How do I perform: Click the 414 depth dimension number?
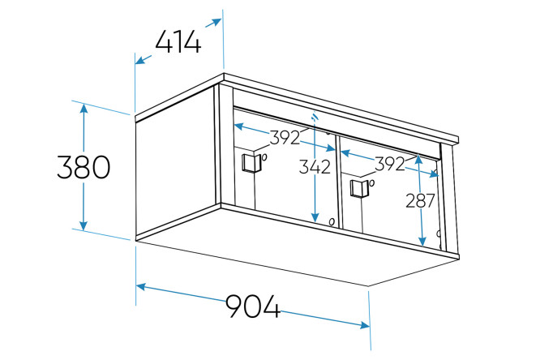coord(178,42)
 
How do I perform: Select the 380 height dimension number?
coord(84,167)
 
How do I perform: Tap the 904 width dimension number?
coord(253,306)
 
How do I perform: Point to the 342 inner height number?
coord(315,167)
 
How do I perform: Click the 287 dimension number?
coord(421,201)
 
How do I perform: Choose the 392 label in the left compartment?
coord(285,138)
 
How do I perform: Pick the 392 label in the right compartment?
coord(390,164)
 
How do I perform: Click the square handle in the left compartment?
coord(251,163)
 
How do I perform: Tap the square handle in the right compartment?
coord(359,188)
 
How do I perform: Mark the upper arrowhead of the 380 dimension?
coord(84,108)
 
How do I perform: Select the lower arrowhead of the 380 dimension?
coord(84,225)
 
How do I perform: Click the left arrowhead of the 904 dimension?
coord(141,287)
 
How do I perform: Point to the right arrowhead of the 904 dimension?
coord(364,325)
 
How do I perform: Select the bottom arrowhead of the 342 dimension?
coord(315,217)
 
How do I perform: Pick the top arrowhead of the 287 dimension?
coord(418,160)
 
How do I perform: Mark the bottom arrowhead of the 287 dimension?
coord(422,242)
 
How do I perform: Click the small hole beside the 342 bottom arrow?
coord(332,222)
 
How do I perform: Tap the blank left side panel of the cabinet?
coord(176,162)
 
